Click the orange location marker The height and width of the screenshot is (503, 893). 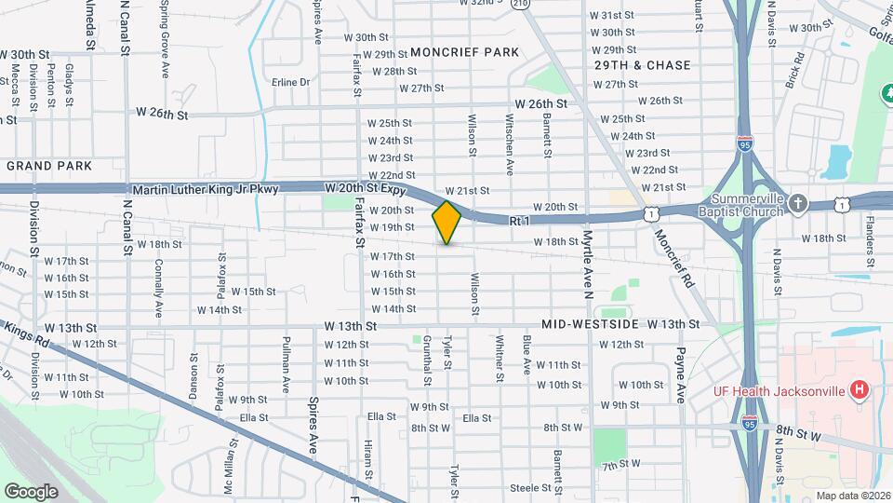[x=446, y=222]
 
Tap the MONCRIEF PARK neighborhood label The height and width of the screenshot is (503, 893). [x=465, y=52]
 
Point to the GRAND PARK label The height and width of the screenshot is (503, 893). [x=49, y=166]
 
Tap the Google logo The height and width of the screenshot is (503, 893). [x=31, y=491]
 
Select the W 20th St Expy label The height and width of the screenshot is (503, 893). [x=367, y=188]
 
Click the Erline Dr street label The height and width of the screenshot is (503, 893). [x=291, y=82]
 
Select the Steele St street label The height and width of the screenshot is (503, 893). [x=531, y=487]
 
